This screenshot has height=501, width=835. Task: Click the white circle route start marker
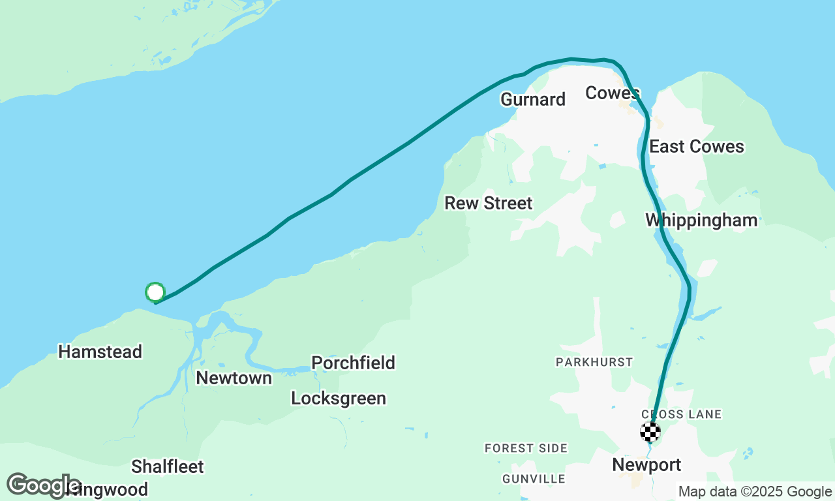[x=155, y=292]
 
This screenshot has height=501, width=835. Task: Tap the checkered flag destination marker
[x=650, y=432]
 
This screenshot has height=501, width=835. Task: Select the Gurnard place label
[x=532, y=99]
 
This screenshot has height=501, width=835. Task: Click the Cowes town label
[x=612, y=93]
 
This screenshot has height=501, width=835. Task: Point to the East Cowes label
[x=697, y=147]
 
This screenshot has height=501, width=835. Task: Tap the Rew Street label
[x=489, y=204]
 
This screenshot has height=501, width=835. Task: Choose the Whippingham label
[x=701, y=220]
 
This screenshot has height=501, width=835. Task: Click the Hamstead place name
[x=100, y=352]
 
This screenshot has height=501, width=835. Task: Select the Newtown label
[x=234, y=378]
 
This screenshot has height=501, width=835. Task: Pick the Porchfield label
[x=353, y=363]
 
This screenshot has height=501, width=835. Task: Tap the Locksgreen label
[x=339, y=398]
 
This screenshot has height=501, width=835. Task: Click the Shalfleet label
[x=167, y=467]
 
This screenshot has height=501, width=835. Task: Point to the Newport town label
[x=646, y=465]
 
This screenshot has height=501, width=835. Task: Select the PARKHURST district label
[x=594, y=362]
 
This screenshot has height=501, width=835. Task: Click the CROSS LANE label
[x=682, y=414]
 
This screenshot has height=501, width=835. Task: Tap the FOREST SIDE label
[x=526, y=449]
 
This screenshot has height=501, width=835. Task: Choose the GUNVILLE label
[x=534, y=479]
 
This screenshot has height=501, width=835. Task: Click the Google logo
[x=43, y=485]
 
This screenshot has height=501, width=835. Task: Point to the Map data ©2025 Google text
[x=755, y=492]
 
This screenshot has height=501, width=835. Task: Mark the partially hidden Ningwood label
[x=114, y=489]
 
